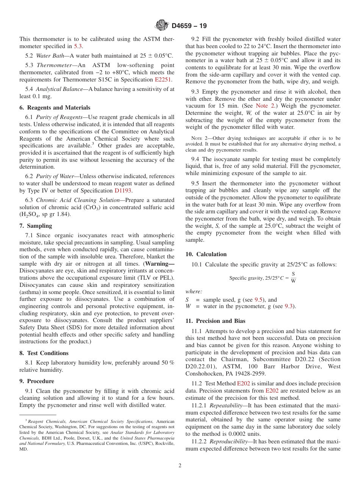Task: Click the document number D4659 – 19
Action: point(189,26)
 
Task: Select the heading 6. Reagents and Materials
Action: point(55,108)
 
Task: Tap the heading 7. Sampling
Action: point(36,226)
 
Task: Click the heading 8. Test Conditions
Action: point(44,353)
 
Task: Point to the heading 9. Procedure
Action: point(36,381)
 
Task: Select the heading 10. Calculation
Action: point(206,254)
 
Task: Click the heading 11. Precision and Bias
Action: point(215,321)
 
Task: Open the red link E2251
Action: point(163,80)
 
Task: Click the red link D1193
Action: point(123,191)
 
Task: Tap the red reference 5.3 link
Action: point(78,46)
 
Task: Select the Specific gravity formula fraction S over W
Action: point(293,277)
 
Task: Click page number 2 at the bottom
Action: point(180,466)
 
